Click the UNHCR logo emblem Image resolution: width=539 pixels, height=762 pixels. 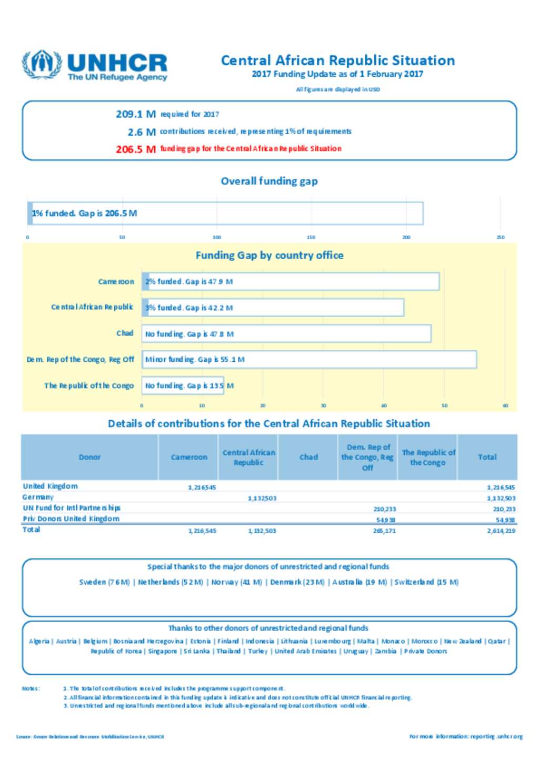[41, 65]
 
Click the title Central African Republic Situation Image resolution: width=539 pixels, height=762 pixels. [337, 60]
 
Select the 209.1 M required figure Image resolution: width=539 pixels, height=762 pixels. [136, 114]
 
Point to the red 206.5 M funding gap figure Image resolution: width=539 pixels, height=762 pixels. [136, 149]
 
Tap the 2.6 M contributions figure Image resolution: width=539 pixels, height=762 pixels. [142, 132]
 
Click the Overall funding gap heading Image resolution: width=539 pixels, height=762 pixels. [269, 181]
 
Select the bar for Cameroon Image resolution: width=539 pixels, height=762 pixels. [290, 281]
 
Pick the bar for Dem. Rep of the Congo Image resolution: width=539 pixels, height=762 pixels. [309, 360]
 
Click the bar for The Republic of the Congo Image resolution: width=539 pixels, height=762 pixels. [183, 385]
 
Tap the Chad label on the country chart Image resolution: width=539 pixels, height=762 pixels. [125, 333]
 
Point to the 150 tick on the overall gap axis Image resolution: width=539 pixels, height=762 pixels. [311, 237]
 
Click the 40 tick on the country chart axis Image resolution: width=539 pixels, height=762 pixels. [384, 405]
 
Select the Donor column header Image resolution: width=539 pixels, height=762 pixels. [89, 457]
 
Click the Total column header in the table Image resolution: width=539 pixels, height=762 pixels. [487, 457]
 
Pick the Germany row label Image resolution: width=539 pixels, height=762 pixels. [38, 497]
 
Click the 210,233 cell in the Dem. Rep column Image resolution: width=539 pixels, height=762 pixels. [384, 509]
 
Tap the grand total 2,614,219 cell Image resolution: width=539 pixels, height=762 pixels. [501, 531]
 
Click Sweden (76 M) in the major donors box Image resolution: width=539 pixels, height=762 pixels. [104, 582]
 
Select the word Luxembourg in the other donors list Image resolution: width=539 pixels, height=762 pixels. [332, 642]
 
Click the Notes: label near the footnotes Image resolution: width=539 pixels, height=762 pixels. [31, 688]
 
